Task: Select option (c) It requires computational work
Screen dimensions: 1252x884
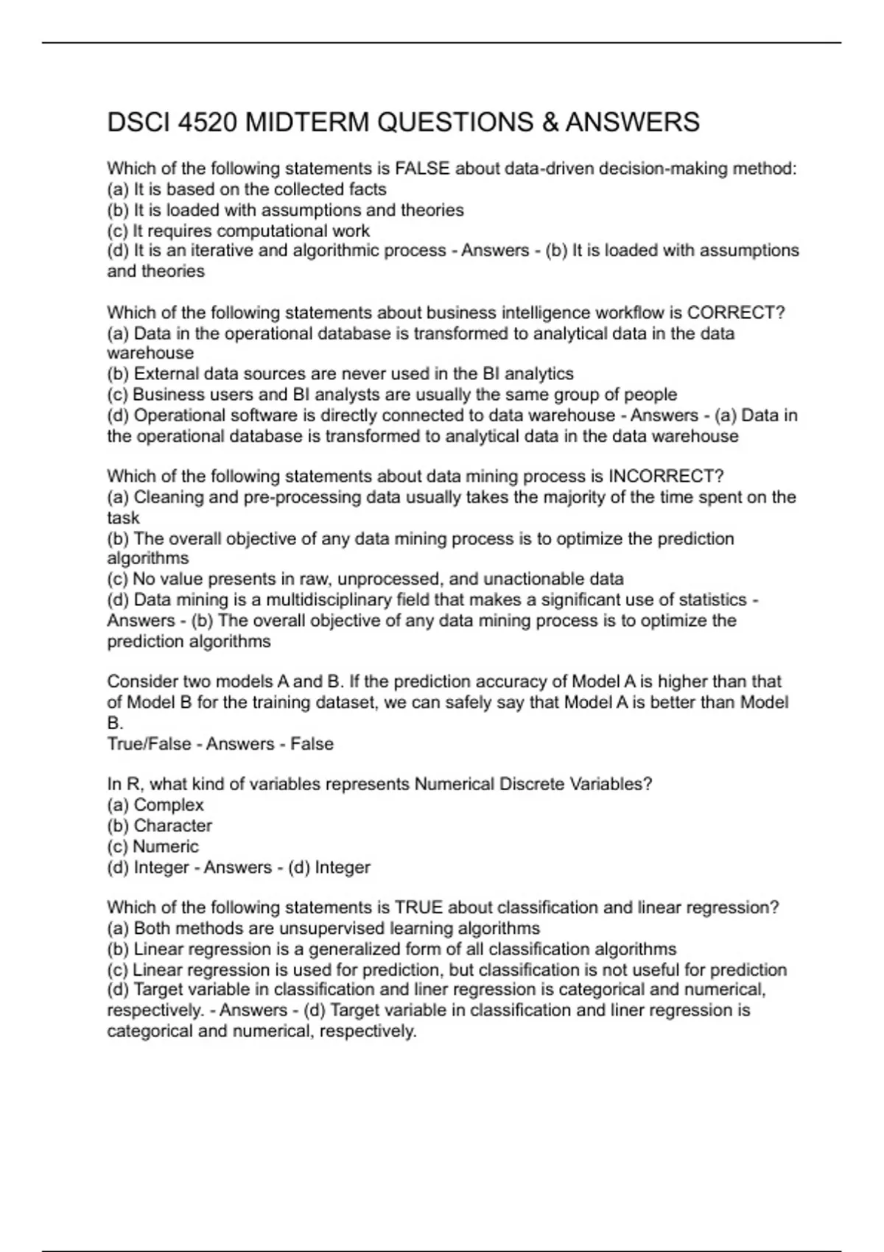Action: [238, 231]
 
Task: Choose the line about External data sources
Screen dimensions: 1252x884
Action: [340, 374]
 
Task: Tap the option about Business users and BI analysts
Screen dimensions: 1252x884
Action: [392, 395]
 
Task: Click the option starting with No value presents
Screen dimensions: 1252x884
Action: [365, 579]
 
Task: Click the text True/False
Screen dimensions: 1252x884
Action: [149, 744]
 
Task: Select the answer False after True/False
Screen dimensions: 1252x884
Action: [312, 744]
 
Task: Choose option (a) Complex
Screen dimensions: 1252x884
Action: [155, 805]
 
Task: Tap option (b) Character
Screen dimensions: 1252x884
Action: [159, 826]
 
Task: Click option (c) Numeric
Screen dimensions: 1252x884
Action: [152, 846]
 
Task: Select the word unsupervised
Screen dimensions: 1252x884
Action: [334, 928]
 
